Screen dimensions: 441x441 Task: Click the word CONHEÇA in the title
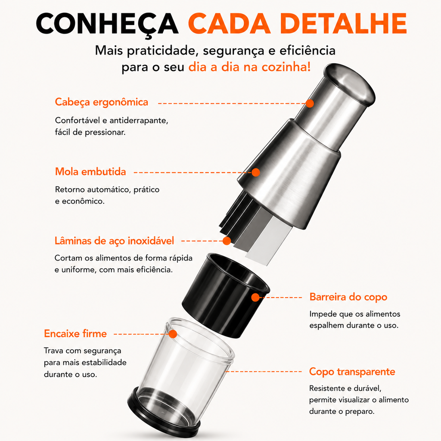point(107,24)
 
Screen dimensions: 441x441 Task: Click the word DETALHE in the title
point(343,23)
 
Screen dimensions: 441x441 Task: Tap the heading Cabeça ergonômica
point(102,102)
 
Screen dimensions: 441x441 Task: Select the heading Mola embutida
point(90,171)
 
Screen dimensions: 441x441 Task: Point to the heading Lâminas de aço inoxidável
point(114,241)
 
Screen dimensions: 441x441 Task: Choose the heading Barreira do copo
point(348,297)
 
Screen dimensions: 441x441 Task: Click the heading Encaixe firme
point(75,334)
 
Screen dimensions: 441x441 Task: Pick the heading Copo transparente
point(352,372)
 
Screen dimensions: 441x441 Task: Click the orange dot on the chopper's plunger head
point(310,103)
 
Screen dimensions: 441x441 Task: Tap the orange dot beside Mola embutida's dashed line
point(256,172)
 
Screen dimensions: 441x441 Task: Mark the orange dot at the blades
point(227,241)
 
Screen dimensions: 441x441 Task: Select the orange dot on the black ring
point(255,297)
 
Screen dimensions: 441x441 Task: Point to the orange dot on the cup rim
point(173,334)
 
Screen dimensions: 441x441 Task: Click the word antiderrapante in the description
point(139,121)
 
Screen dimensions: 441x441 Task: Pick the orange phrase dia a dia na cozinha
point(249,67)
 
